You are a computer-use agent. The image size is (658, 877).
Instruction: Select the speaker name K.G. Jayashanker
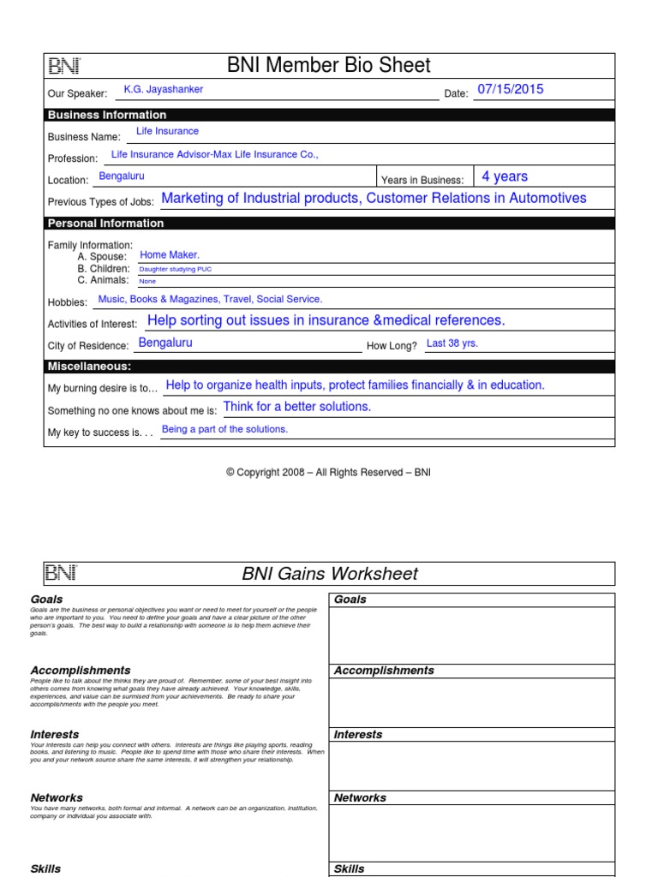[164, 89]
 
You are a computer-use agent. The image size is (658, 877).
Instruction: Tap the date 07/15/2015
[511, 89]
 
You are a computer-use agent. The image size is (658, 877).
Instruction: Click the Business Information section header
[107, 115]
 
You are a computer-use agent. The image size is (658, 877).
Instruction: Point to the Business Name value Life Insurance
[167, 131]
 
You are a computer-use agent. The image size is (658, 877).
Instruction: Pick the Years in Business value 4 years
[505, 176]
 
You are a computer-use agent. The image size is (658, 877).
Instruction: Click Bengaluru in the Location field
[122, 176]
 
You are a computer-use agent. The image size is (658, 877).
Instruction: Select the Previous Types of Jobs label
[101, 201]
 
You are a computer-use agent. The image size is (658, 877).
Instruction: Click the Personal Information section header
[105, 224]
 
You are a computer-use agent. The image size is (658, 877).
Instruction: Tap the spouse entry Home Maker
[170, 254]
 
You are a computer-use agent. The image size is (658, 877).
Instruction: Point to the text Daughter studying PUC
[175, 269]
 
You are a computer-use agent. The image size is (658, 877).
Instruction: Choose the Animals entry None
[147, 281]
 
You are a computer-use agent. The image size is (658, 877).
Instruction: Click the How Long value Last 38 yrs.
[452, 343]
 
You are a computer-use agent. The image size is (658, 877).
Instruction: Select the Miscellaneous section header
[89, 367]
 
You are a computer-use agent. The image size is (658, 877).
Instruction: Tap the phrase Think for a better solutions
[296, 407]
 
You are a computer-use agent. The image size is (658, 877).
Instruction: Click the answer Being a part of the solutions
[224, 429]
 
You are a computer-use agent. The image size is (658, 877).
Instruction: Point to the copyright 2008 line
[328, 473]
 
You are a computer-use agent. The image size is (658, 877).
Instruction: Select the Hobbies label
[68, 302]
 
